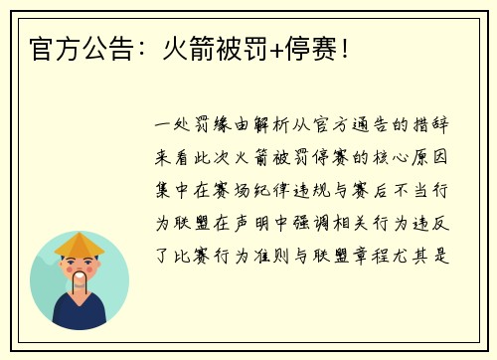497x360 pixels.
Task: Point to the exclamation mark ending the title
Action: coord(345,47)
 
